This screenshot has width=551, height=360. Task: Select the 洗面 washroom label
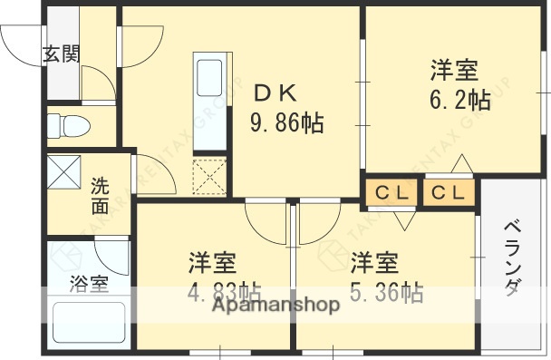point(99,196)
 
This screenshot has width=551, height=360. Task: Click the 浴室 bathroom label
point(90,283)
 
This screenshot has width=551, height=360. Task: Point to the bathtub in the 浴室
point(87,323)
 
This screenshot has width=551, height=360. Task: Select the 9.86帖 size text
point(287,122)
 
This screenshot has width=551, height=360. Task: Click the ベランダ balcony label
point(512,258)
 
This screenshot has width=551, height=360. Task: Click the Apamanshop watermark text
point(276,306)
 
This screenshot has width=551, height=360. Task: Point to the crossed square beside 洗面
point(63,170)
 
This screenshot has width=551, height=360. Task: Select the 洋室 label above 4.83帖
point(213,264)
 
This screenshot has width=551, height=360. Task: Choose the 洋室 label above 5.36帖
point(375,264)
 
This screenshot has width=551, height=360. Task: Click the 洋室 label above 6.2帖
point(454,70)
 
